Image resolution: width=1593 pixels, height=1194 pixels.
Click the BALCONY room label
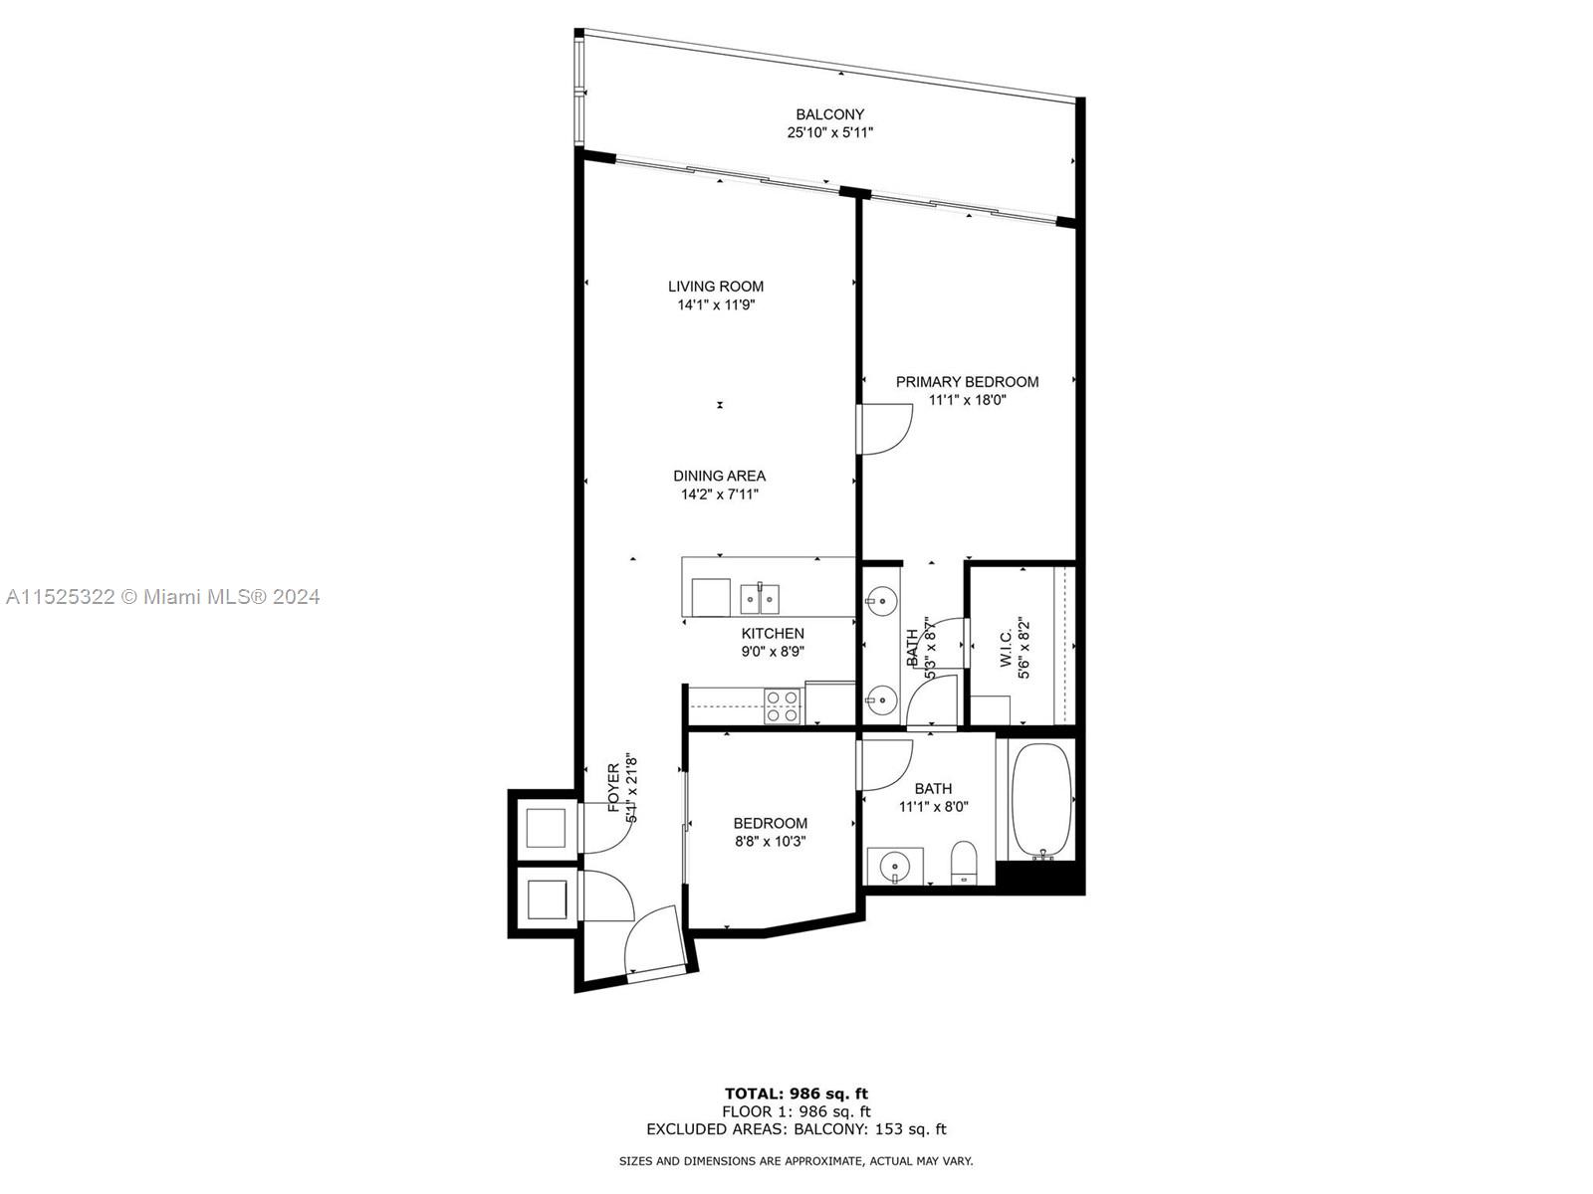click(x=829, y=114)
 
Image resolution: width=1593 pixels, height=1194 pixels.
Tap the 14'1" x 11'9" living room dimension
click(x=716, y=305)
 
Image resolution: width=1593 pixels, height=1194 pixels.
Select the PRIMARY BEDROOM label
click(x=967, y=381)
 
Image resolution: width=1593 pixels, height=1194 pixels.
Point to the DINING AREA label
click(x=719, y=476)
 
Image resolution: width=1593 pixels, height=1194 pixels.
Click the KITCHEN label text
click(x=773, y=633)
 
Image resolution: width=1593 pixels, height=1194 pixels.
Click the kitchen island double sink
click(x=760, y=599)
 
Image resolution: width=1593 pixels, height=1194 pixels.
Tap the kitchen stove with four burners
click(x=783, y=705)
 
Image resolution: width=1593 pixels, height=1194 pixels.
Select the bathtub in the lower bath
click(x=1041, y=801)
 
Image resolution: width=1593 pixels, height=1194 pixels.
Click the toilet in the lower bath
click(x=964, y=862)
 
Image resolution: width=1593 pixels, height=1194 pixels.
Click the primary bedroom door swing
click(x=886, y=429)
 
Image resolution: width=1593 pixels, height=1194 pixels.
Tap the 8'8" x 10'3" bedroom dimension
click(x=770, y=841)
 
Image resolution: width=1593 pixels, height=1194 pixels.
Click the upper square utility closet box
click(x=546, y=827)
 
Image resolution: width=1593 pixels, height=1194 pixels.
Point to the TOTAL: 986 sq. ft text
click(x=796, y=1094)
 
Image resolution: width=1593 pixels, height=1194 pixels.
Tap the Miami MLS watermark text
click(x=163, y=597)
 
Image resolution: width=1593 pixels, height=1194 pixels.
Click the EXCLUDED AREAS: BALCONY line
click(x=796, y=1129)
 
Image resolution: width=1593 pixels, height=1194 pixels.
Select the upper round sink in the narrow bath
click(x=880, y=599)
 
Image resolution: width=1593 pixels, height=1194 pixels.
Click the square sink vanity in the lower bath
click(x=895, y=866)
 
